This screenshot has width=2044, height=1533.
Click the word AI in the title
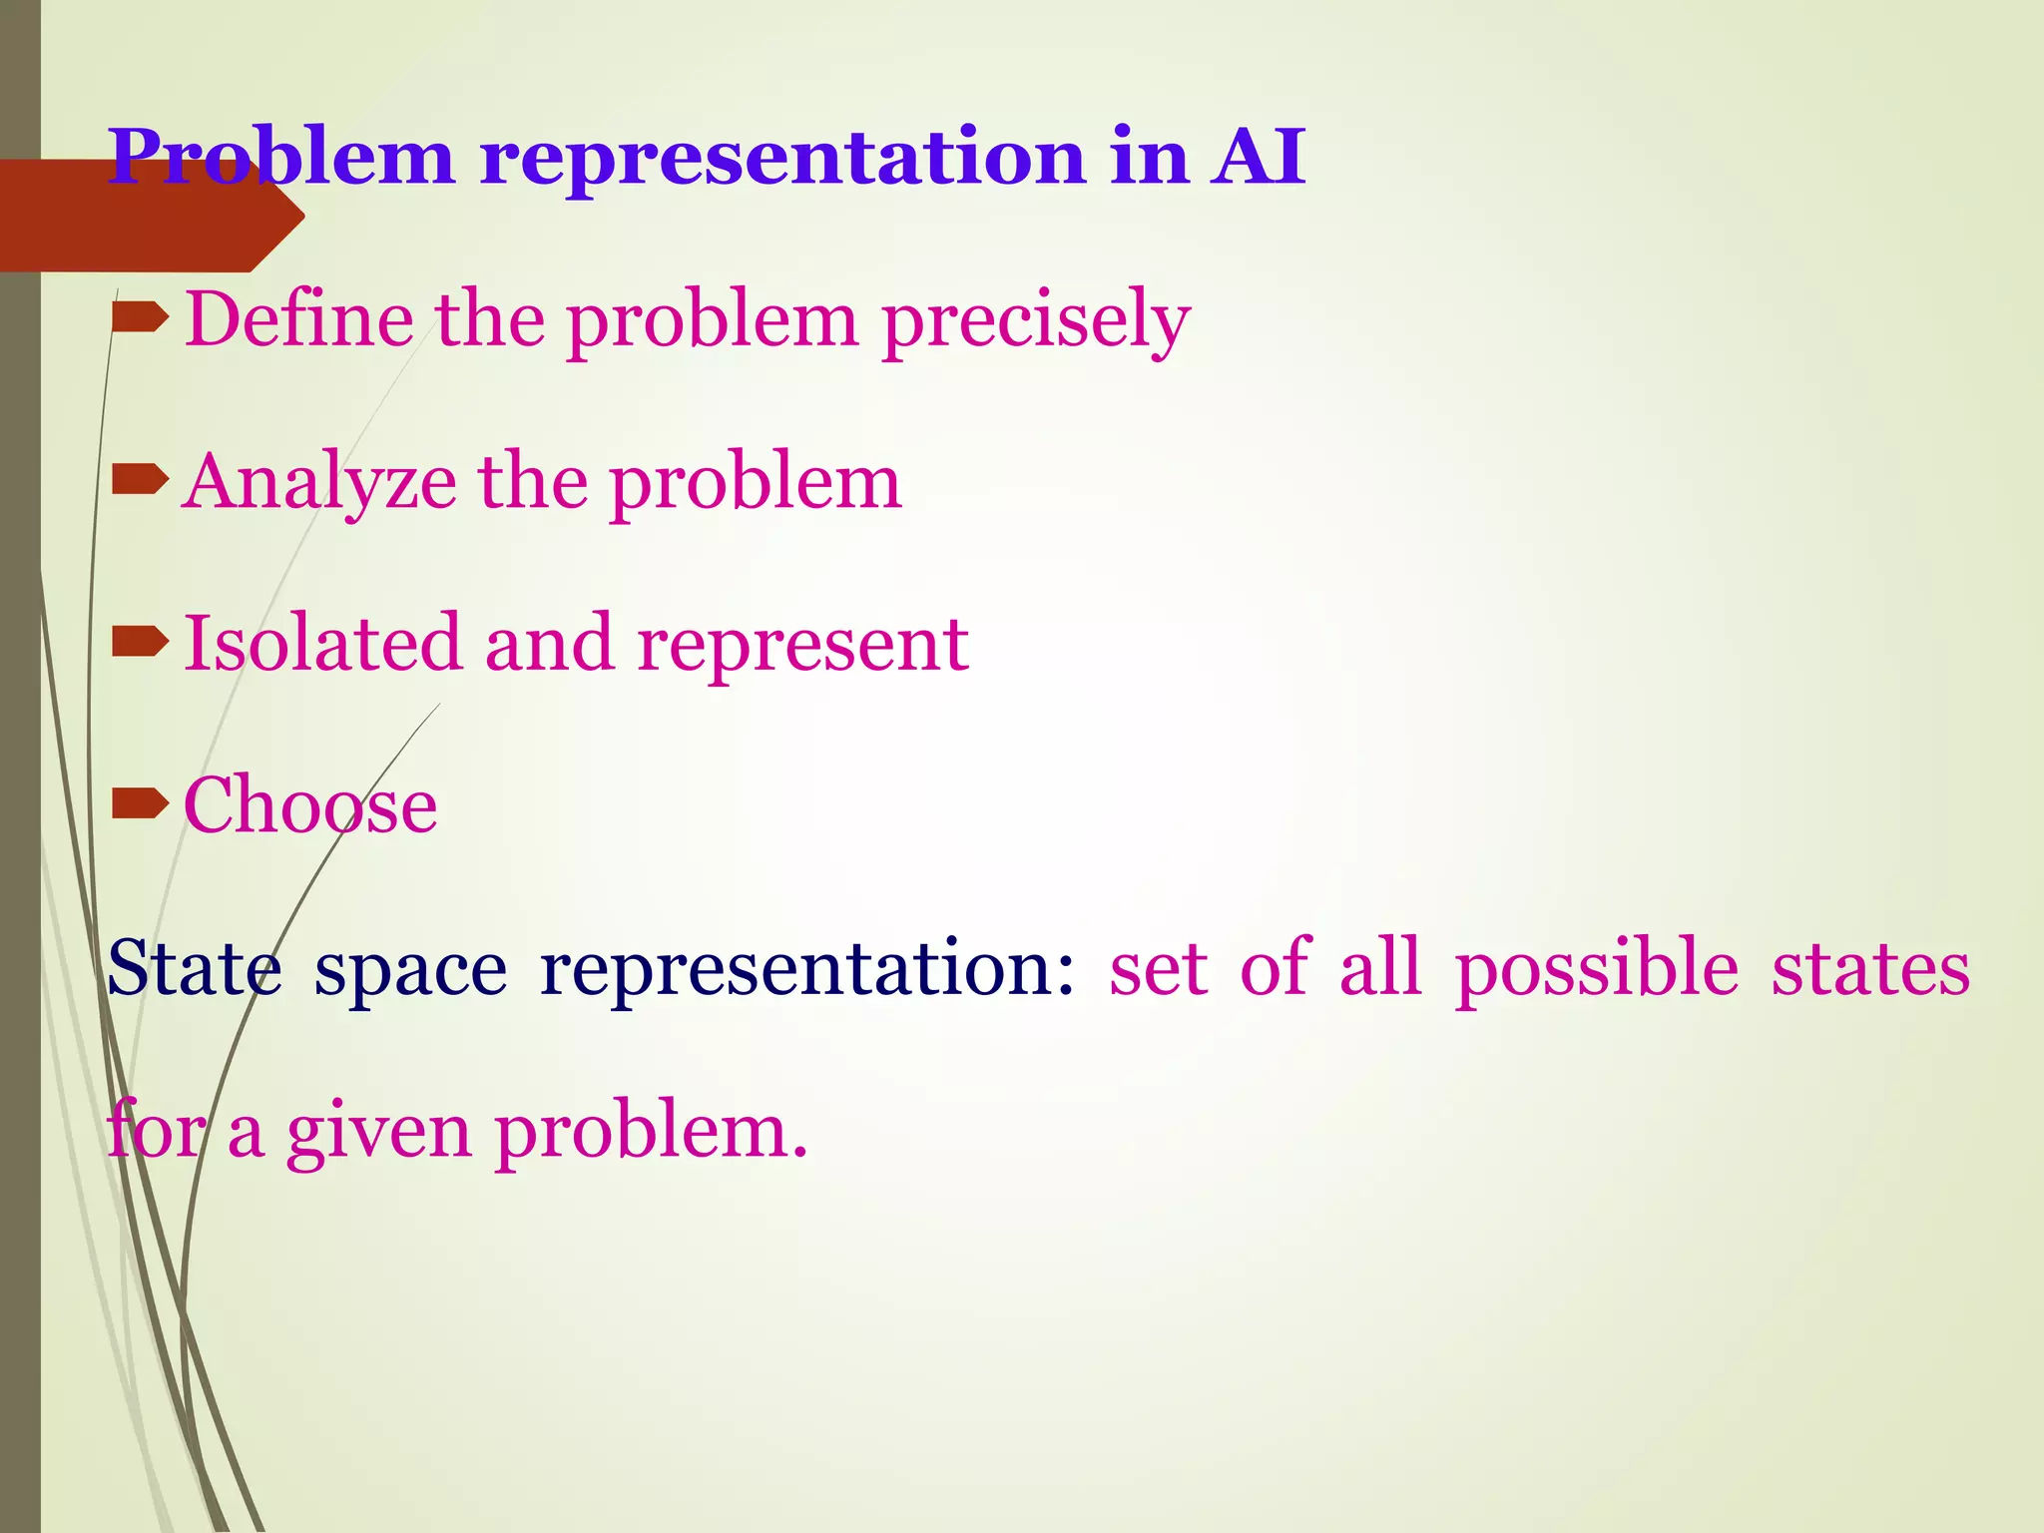1258,157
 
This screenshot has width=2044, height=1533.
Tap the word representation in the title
782,159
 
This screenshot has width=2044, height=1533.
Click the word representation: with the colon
807,970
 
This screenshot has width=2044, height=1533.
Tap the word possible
1596,970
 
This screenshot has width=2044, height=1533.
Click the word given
378,1134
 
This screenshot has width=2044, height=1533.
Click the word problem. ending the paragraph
651,1134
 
